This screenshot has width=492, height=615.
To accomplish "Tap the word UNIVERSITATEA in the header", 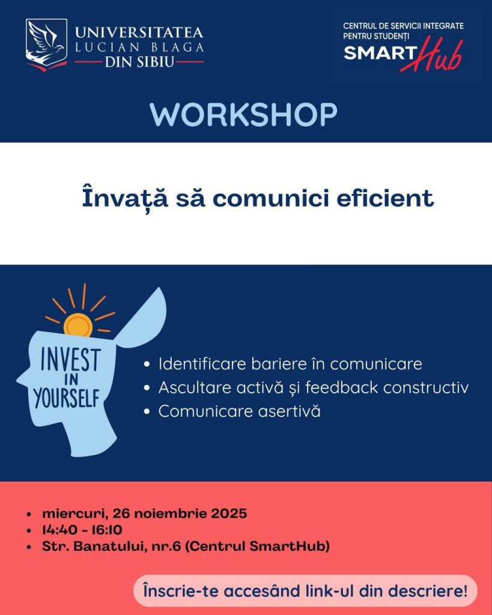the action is coord(139,32).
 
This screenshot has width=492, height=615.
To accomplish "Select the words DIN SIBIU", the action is coord(139,62).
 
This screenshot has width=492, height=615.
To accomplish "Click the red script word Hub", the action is coord(431,55).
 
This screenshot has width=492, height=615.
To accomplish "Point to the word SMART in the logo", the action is coord(380,53).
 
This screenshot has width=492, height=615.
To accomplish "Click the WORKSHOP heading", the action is coord(243,115).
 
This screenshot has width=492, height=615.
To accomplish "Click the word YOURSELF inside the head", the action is coord(67,399).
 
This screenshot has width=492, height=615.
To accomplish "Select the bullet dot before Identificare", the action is coord(147,365).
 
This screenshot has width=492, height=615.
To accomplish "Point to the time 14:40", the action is coord(59,530).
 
